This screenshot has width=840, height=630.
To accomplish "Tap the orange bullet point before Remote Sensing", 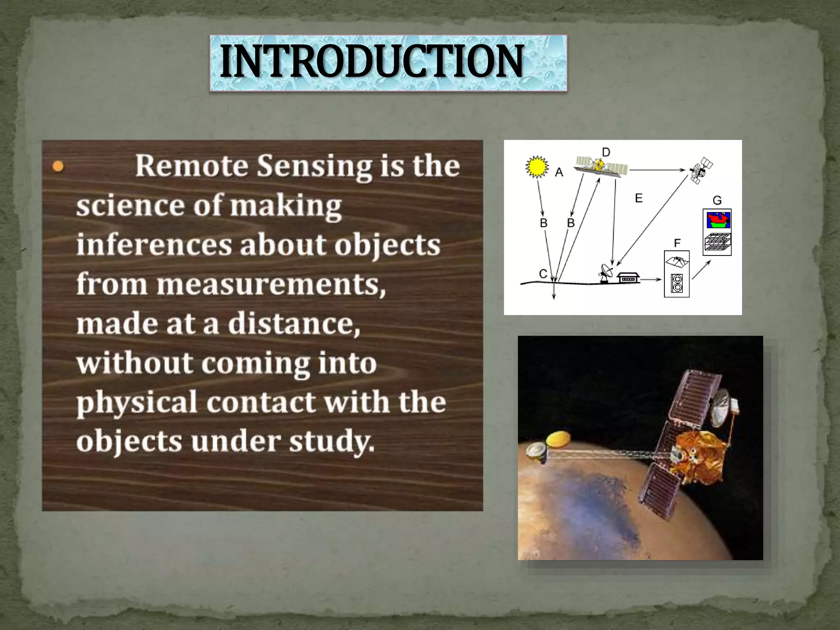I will pos(58,167).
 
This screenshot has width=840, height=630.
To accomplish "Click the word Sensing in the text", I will pos(314,167).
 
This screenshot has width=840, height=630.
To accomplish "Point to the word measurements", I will pos(271,284).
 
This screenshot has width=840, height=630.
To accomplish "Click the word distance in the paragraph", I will pos(294,324).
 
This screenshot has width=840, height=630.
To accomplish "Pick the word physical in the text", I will pos(137,403).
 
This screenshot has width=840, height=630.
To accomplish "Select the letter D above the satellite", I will pos(606,153).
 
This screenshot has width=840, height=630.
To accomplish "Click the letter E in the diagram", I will pos(639,199).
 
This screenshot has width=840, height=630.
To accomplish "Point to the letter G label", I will pos(717,201).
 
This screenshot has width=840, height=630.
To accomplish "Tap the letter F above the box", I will pos(677,243).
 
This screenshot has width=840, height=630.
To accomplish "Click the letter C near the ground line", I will pos(543,274).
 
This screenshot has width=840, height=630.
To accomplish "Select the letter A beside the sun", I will pos(559,173).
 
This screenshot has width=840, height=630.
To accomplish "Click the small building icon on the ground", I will pos(628,278).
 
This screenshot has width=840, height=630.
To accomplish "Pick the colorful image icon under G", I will pos(718,220).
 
